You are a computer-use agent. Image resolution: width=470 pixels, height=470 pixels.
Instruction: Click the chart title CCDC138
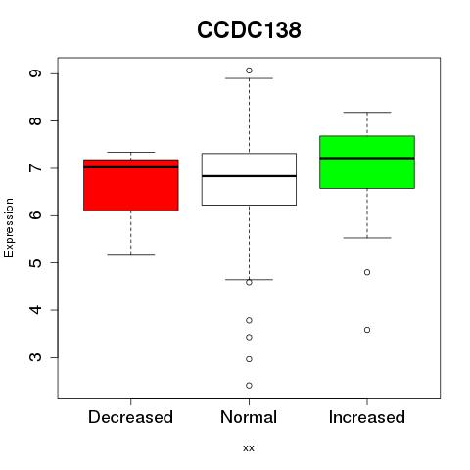pyautogui.click(x=249, y=30)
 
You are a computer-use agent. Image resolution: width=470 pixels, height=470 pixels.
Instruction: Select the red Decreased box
pyautogui.click(x=131, y=185)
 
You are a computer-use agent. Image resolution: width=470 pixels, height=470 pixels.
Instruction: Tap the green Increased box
pyautogui.click(x=367, y=162)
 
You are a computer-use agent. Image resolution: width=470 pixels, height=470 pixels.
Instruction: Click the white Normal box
pyautogui.click(x=249, y=179)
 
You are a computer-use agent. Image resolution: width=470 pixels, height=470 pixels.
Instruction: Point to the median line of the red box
pyautogui.click(x=131, y=167)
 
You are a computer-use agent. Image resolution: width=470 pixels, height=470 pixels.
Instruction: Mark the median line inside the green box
pyautogui.click(x=367, y=158)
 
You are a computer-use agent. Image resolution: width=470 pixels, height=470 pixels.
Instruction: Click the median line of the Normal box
pyautogui.click(x=249, y=176)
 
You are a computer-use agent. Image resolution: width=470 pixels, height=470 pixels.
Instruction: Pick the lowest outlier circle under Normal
pyautogui.click(x=249, y=386)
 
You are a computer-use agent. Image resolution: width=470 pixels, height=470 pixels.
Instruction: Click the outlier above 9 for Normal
pyautogui.click(x=249, y=70)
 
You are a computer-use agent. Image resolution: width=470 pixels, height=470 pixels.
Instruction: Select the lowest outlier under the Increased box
pyautogui.click(x=367, y=330)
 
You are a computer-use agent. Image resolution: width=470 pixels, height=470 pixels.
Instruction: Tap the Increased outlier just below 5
pyautogui.click(x=367, y=272)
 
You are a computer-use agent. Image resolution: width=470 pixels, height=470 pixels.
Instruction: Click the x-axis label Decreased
pyautogui.click(x=130, y=417)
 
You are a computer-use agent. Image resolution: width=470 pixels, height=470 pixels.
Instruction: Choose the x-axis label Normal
pyautogui.click(x=249, y=417)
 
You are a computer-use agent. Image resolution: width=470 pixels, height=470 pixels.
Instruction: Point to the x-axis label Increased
pyautogui.click(x=367, y=417)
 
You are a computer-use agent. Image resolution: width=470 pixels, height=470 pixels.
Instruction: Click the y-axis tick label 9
pyautogui.click(x=35, y=73)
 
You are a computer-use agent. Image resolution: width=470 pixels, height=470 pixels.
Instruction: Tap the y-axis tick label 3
pyautogui.click(x=35, y=357)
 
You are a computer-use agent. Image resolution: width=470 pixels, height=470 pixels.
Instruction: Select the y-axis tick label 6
pyautogui.click(x=35, y=215)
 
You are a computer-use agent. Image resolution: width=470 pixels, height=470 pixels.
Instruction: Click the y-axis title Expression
pyautogui.click(x=9, y=227)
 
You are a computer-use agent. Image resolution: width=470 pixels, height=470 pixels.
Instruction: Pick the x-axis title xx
pyautogui.click(x=249, y=448)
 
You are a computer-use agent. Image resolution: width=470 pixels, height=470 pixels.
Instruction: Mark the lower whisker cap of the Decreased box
pyautogui.click(x=131, y=254)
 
